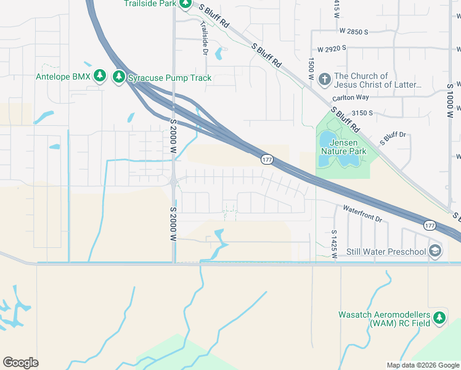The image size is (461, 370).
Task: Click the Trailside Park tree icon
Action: click(x=185, y=4)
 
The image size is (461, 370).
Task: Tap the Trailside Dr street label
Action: click(x=204, y=39)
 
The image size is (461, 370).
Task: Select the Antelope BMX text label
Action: click(x=63, y=76)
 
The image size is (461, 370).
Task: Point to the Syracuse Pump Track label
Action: click(x=169, y=78)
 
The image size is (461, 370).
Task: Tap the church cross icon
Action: click(x=325, y=79)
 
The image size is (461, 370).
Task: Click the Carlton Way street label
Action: click(x=350, y=97)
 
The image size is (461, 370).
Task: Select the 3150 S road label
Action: click(x=362, y=113)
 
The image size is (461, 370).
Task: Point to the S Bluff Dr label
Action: click(x=394, y=138)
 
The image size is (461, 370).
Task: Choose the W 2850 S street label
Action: click(x=349, y=31)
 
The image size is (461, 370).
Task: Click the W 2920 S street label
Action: click(x=338, y=48)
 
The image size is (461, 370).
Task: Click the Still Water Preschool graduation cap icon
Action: click(x=435, y=250)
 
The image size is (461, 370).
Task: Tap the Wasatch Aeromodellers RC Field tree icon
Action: click(x=439, y=318)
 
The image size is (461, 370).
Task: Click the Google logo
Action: click(x=20, y=363)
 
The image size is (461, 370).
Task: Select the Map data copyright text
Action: click(x=422, y=365)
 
